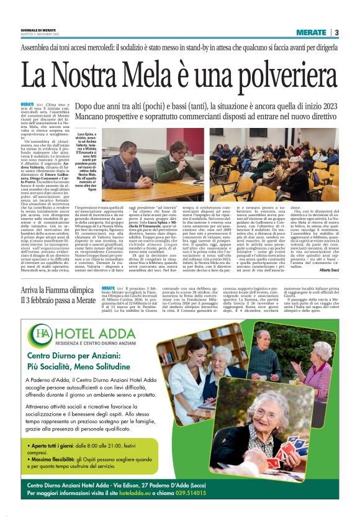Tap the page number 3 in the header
coord(336,32)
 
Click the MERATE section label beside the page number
coord(310,32)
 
